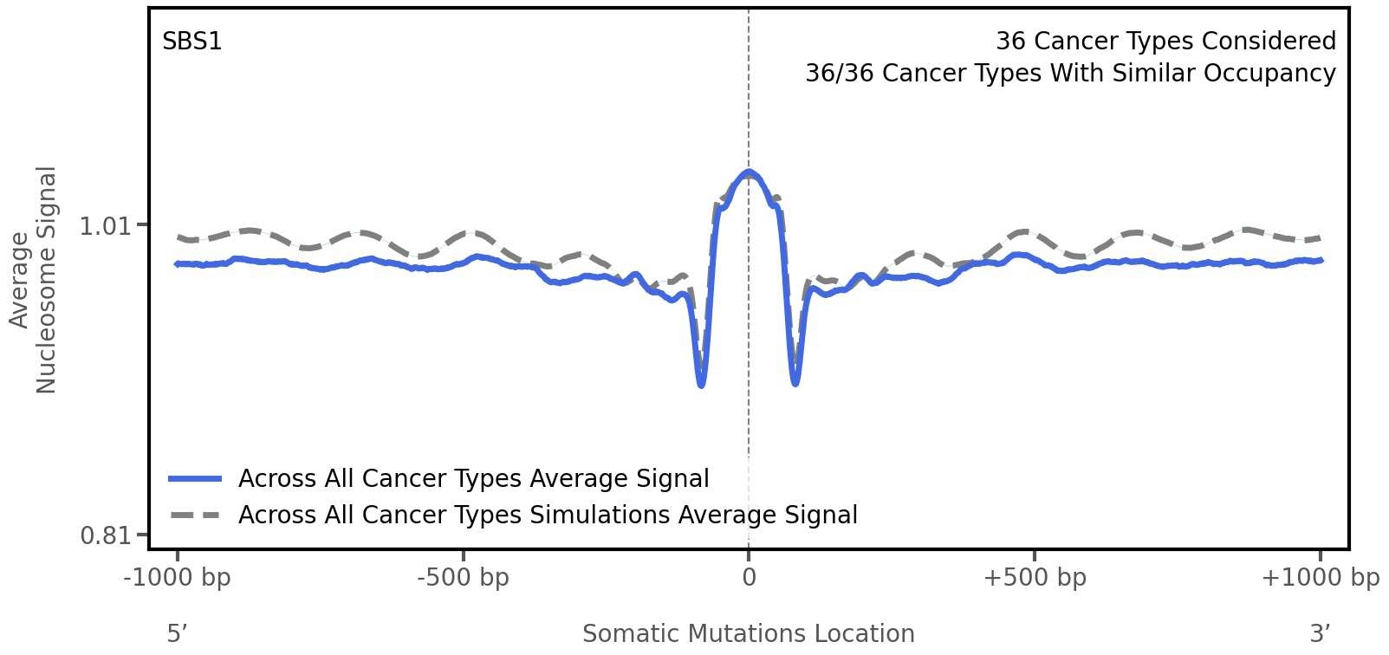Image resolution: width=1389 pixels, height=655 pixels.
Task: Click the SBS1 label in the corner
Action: point(192,42)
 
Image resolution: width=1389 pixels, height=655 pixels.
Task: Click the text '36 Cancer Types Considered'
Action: point(1165,42)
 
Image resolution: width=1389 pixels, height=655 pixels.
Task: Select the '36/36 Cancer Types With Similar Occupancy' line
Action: point(1070,74)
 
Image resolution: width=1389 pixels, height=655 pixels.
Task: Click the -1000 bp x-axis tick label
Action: point(178,578)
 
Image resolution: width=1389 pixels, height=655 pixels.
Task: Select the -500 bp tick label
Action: point(463,578)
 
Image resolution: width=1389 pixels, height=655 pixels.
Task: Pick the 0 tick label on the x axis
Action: point(749,578)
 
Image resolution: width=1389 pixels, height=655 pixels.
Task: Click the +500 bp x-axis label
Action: point(1035,578)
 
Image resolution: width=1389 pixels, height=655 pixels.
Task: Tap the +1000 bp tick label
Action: point(1320,578)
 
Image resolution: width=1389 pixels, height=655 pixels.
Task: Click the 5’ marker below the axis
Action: point(178,634)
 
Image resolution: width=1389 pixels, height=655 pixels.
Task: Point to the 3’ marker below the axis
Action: point(1320,634)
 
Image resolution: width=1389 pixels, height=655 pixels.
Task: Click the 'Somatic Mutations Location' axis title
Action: point(749,634)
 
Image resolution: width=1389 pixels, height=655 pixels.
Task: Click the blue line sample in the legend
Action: point(195,479)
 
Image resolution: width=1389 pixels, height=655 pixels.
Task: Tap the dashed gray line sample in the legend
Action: point(195,516)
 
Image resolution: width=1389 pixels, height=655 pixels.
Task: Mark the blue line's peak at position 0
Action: point(749,172)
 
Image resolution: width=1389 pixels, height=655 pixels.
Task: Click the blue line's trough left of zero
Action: point(701,384)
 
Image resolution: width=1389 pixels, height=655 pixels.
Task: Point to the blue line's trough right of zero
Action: point(795,382)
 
